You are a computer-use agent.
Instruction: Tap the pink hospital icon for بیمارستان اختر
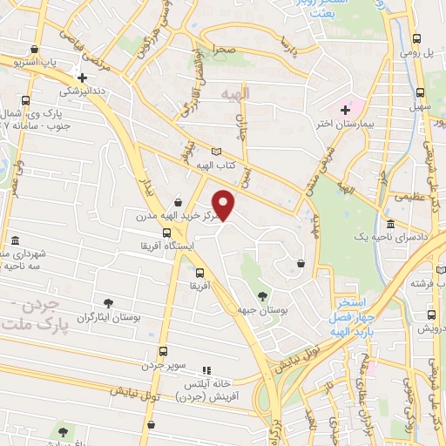click(345, 110)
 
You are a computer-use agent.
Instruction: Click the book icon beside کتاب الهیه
click(241, 150)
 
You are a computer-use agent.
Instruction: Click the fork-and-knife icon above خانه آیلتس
click(206, 370)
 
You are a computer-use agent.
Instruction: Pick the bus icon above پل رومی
click(417, 38)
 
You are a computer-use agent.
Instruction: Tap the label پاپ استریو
click(39, 63)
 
